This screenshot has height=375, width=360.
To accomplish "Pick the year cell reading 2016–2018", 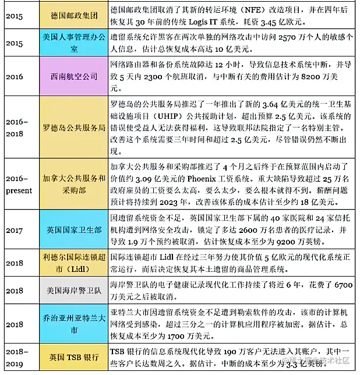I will pyautogui.click(x=17, y=126).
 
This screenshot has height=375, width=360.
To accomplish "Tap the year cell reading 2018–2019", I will pyautogui.click(x=17, y=357).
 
